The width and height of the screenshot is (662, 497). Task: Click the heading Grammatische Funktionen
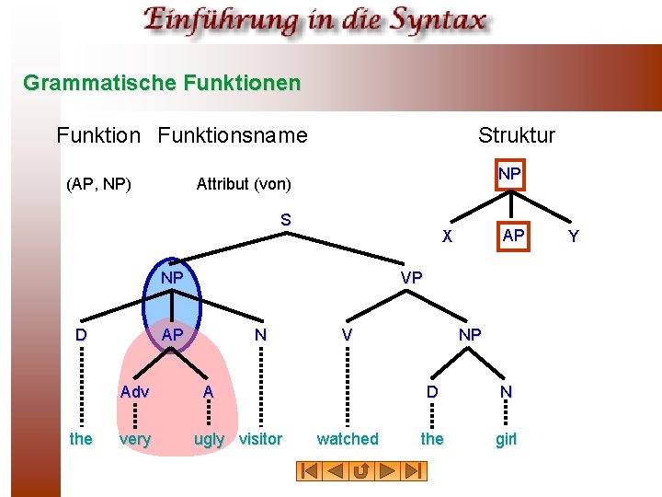162,83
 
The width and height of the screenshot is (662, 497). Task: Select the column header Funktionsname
233,136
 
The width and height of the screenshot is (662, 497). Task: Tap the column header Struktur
517,136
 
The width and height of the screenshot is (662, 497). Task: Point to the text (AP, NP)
99,184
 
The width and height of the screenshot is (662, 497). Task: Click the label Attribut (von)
244,184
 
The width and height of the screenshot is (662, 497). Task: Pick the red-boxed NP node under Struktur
509,174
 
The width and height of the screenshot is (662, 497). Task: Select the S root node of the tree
286,219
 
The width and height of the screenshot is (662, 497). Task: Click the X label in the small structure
447,237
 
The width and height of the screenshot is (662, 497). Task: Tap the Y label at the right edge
574,237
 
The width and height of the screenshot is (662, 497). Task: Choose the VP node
411,277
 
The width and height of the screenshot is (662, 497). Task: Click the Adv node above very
134,392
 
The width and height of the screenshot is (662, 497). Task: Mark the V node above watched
347,335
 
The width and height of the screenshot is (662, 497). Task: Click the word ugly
209,439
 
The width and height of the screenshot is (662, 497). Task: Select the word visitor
260,439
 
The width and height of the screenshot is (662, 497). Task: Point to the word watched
348,439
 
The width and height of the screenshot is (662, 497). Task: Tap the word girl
506,439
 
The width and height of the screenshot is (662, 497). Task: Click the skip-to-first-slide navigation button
310,471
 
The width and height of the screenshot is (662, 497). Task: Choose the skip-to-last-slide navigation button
415,471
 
